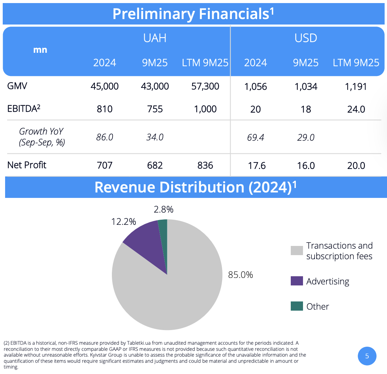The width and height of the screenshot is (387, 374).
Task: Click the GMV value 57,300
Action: [205, 86]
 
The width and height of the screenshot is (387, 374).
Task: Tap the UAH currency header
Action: [155, 38]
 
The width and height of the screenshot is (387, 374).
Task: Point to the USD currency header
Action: [306, 38]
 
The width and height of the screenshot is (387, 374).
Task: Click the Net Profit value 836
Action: [205, 166]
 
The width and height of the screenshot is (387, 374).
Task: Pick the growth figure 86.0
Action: [104, 137]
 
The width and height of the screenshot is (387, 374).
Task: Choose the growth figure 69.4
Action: [255, 138]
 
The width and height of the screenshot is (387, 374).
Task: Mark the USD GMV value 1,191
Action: [356, 87]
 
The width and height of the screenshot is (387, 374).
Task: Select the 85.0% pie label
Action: [240, 275]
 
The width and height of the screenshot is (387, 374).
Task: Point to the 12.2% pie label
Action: [123, 222]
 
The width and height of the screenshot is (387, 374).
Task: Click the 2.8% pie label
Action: [164, 209]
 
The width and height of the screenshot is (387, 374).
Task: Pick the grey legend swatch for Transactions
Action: [297, 250]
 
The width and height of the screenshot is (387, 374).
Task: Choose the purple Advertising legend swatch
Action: [297, 281]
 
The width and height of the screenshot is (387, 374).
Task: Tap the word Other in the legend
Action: [318, 307]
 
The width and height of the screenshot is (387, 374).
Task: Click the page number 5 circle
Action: [367, 356]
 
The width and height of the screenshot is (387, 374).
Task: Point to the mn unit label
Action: [40, 50]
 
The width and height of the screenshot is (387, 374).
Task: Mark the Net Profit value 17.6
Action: [257, 166]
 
